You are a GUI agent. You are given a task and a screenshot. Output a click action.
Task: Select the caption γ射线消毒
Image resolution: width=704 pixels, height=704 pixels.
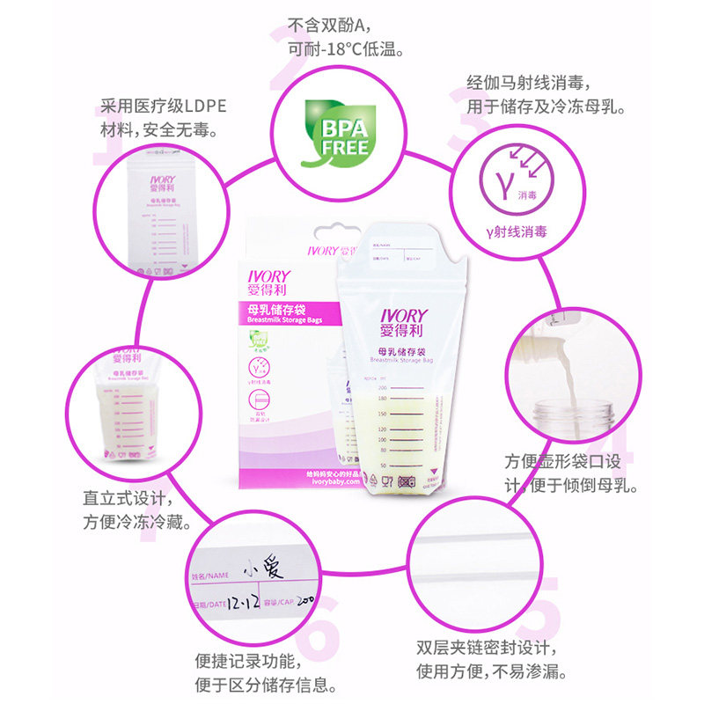click(517, 232)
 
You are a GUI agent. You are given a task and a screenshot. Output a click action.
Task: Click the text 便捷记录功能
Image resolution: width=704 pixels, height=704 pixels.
click(251, 660)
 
